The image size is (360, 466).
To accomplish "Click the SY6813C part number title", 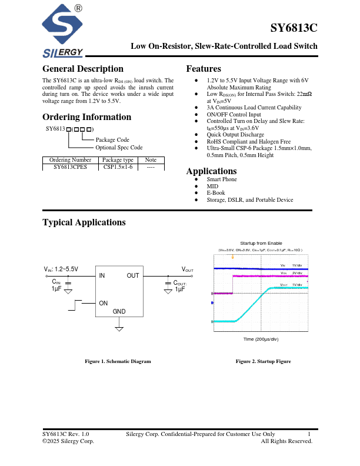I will click(294, 28).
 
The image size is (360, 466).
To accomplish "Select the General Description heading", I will click(83, 69).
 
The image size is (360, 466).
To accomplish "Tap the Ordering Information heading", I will click(86, 116).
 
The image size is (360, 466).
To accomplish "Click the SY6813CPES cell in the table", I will click(70, 167).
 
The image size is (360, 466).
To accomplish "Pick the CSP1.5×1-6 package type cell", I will click(118, 167).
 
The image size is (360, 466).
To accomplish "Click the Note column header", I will click(151, 159).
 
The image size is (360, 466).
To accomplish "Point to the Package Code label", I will click(112, 139).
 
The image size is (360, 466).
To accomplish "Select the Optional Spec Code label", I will click(119, 148).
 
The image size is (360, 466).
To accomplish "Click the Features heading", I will click(204, 69).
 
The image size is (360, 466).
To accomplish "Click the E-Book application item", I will click(216, 193).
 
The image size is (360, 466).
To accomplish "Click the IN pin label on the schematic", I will click(102, 275).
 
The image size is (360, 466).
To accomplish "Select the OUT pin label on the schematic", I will click(133, 275).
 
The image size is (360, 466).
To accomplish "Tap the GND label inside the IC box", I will click(119, 311).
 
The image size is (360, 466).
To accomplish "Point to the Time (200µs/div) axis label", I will click(261, 339).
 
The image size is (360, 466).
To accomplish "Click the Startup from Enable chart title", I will click(261, 243).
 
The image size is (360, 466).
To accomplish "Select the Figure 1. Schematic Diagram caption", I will click(118, 361).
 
